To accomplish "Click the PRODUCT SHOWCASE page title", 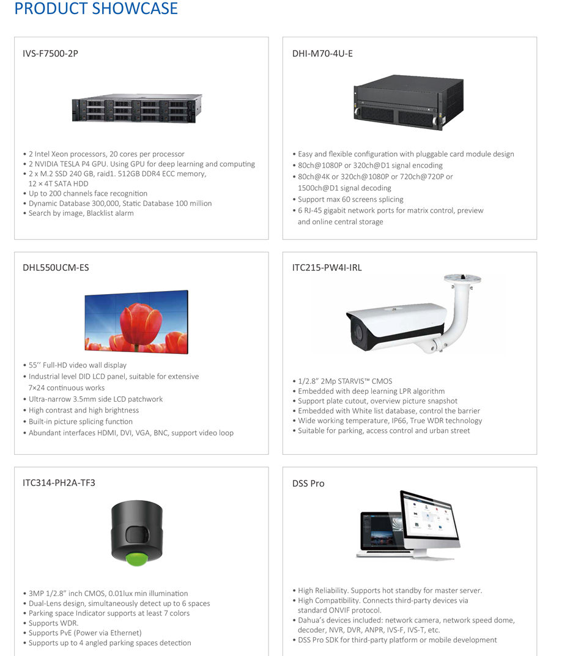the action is pyautogui.click(x=96, y=9).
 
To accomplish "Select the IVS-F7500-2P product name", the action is pyautogui.click(x=50, y=54).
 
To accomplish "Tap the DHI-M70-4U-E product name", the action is pyautogui.click(x=322, y=54).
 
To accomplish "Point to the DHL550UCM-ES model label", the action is pyautogui.click(x=56, y=268).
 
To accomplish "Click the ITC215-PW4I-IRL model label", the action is pyautogui.click(x=327, y=268).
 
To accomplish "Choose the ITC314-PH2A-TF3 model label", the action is pyautogui.click(x=59, y=483).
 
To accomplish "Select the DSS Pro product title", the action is pyautogui.click(x=308, y=484).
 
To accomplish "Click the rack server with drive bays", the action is pyautogui.click(x=137, y=108).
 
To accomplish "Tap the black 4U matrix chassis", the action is pyautogui.click(x=408, y=102).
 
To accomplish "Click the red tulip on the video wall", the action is pyautogui.click(x=141, y=323).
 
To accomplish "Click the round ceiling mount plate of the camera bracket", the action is pyautogui.click(x=462, y=279).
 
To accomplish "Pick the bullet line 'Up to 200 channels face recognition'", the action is pyautogui.click(x=88, y=193).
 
